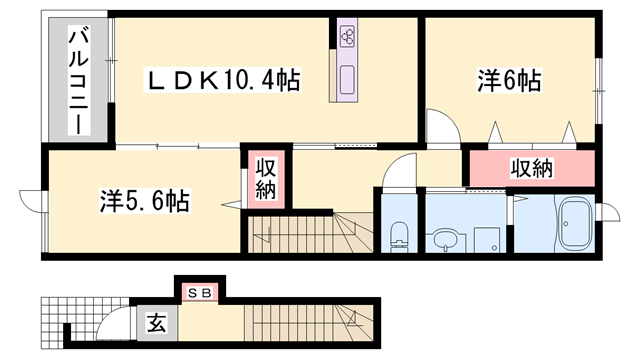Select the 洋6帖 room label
pyautogui.click(x=509, y=81)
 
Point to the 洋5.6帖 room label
pyautogui.click(x=145, y=200)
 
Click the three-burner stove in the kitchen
pyautogui.click(x=347, y=37)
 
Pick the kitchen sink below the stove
pyautogui.click(x=347, y=79)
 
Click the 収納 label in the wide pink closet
pyautogui.click(x=531, y=168)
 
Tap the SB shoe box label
pyautogui.click(x=199, y=293)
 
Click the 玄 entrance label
pyautogui.click(x=158, y=323)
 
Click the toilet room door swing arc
pyautogui.click(x=397, y=171)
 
